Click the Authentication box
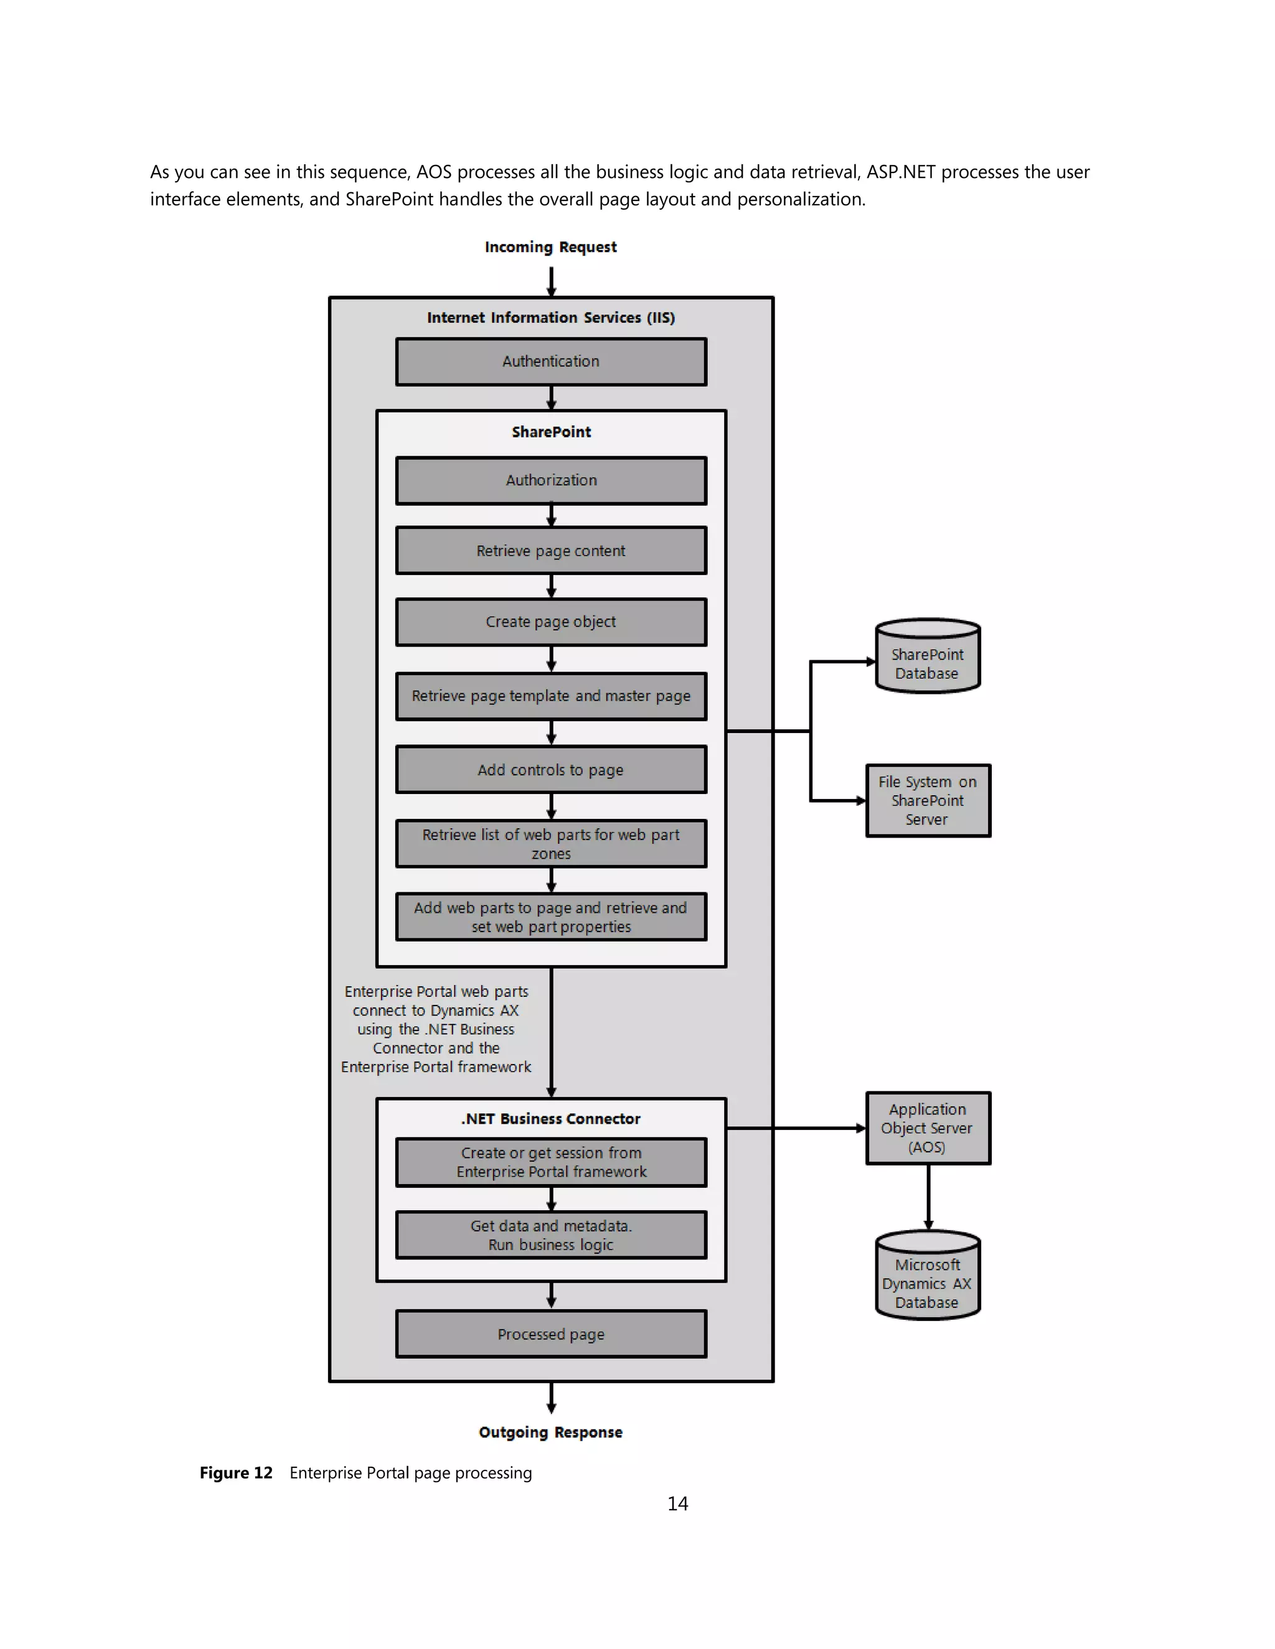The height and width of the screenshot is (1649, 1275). [x=550, y=362]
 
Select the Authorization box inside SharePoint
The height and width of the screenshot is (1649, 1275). [x=550, y=480]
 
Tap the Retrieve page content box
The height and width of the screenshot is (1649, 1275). [x=550, y=551]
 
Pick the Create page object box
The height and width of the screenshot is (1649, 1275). [x=550, y=622]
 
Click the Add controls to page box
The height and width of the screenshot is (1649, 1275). [x=550, y=769]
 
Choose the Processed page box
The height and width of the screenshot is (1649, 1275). [x=550, y=1334]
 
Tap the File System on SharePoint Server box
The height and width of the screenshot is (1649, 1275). [x=928, y=800]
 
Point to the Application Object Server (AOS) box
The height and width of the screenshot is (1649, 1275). [x=928, y=1128]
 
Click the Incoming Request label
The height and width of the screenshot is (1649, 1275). [x=550, y=247]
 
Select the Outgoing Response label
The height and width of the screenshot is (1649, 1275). [x=550, y=1432]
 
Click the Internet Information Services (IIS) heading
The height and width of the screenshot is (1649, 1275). [x=550, y=318]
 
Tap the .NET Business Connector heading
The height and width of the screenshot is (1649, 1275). [x=550, y=1119]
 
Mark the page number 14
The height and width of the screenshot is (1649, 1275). [x=677, y=1504]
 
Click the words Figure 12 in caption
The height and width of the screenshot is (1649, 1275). [x=236, y=1473]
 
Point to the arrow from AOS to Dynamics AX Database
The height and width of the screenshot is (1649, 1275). [x=928, y=1197]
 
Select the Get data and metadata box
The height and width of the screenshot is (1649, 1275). [x=550, y=1235]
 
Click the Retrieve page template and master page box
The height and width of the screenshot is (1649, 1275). [x=550, y=696]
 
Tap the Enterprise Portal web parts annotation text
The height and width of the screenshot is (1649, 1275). [x=436, y=1029]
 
